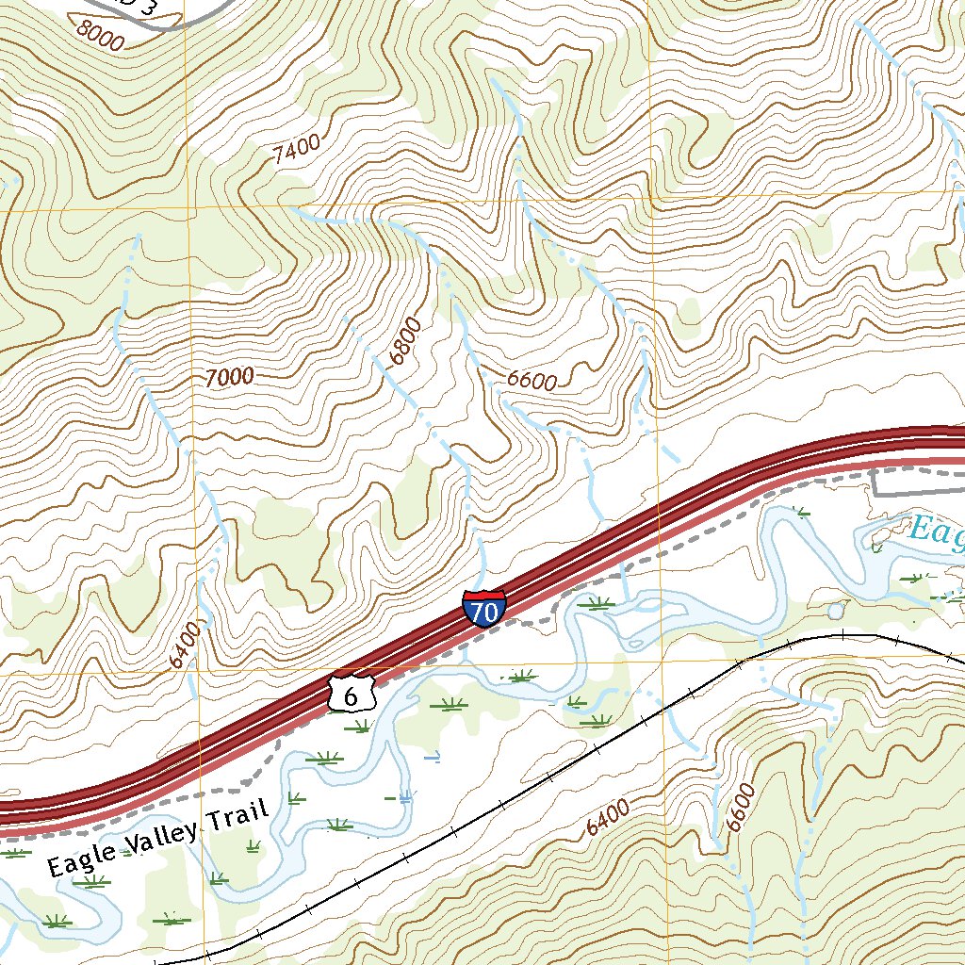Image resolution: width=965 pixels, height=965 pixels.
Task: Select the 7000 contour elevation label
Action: (x=229, y=377)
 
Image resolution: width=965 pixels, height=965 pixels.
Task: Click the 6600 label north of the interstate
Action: (x=532, y=380)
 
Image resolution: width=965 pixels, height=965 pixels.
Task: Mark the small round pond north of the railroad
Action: (x=836, y=611)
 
